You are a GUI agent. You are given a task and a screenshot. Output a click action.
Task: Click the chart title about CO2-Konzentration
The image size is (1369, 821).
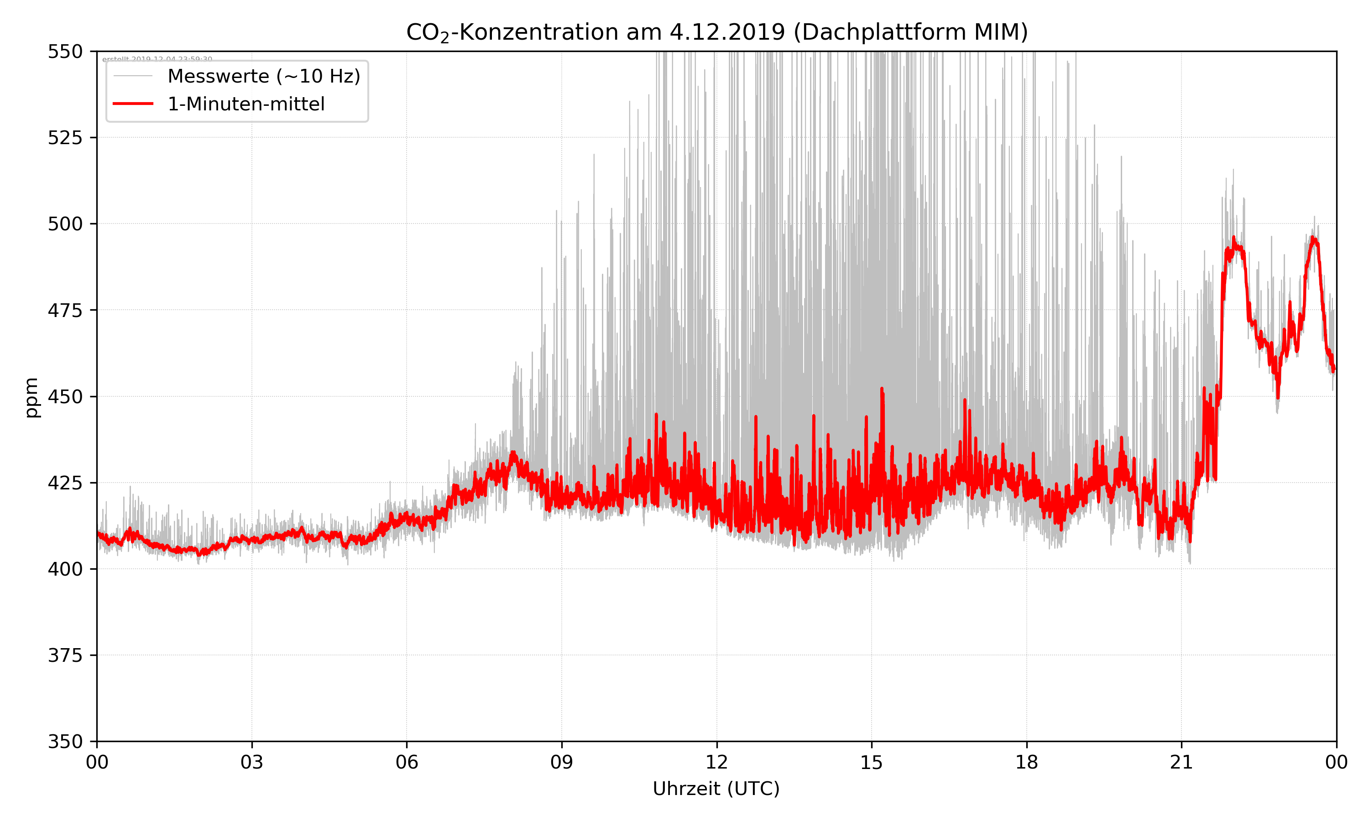716,32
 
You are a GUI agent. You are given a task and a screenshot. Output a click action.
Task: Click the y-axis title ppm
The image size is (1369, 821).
32,397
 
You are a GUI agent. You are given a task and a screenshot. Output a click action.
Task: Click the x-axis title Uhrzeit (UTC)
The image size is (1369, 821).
716,788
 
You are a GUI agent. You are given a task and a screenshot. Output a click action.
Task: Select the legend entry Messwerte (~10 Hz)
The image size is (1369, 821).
263,76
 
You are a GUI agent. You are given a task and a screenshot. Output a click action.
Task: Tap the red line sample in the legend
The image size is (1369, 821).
133,104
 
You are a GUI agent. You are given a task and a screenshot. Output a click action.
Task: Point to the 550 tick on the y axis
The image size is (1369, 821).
65,52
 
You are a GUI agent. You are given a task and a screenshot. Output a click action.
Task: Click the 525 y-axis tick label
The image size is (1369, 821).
65,138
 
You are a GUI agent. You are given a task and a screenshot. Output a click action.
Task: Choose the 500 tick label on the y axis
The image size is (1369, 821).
65,224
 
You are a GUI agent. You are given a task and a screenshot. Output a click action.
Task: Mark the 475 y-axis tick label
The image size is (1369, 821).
65,310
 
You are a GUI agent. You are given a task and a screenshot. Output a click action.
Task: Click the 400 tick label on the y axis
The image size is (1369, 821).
65,569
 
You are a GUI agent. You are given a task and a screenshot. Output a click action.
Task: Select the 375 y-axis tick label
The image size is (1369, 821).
65,655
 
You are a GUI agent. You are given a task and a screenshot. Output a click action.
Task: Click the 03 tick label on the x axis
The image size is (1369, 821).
252,762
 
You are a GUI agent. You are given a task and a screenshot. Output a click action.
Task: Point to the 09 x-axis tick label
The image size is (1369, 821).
562,762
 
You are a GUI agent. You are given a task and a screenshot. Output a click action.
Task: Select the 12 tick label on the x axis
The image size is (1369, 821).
716,762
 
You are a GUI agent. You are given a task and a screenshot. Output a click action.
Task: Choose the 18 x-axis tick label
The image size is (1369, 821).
1026,762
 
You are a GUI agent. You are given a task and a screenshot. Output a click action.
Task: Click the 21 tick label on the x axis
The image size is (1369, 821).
1181,762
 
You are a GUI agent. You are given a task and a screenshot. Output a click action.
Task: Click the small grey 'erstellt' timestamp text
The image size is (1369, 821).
157,59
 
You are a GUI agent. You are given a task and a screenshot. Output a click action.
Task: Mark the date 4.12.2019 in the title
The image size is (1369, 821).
727,32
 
